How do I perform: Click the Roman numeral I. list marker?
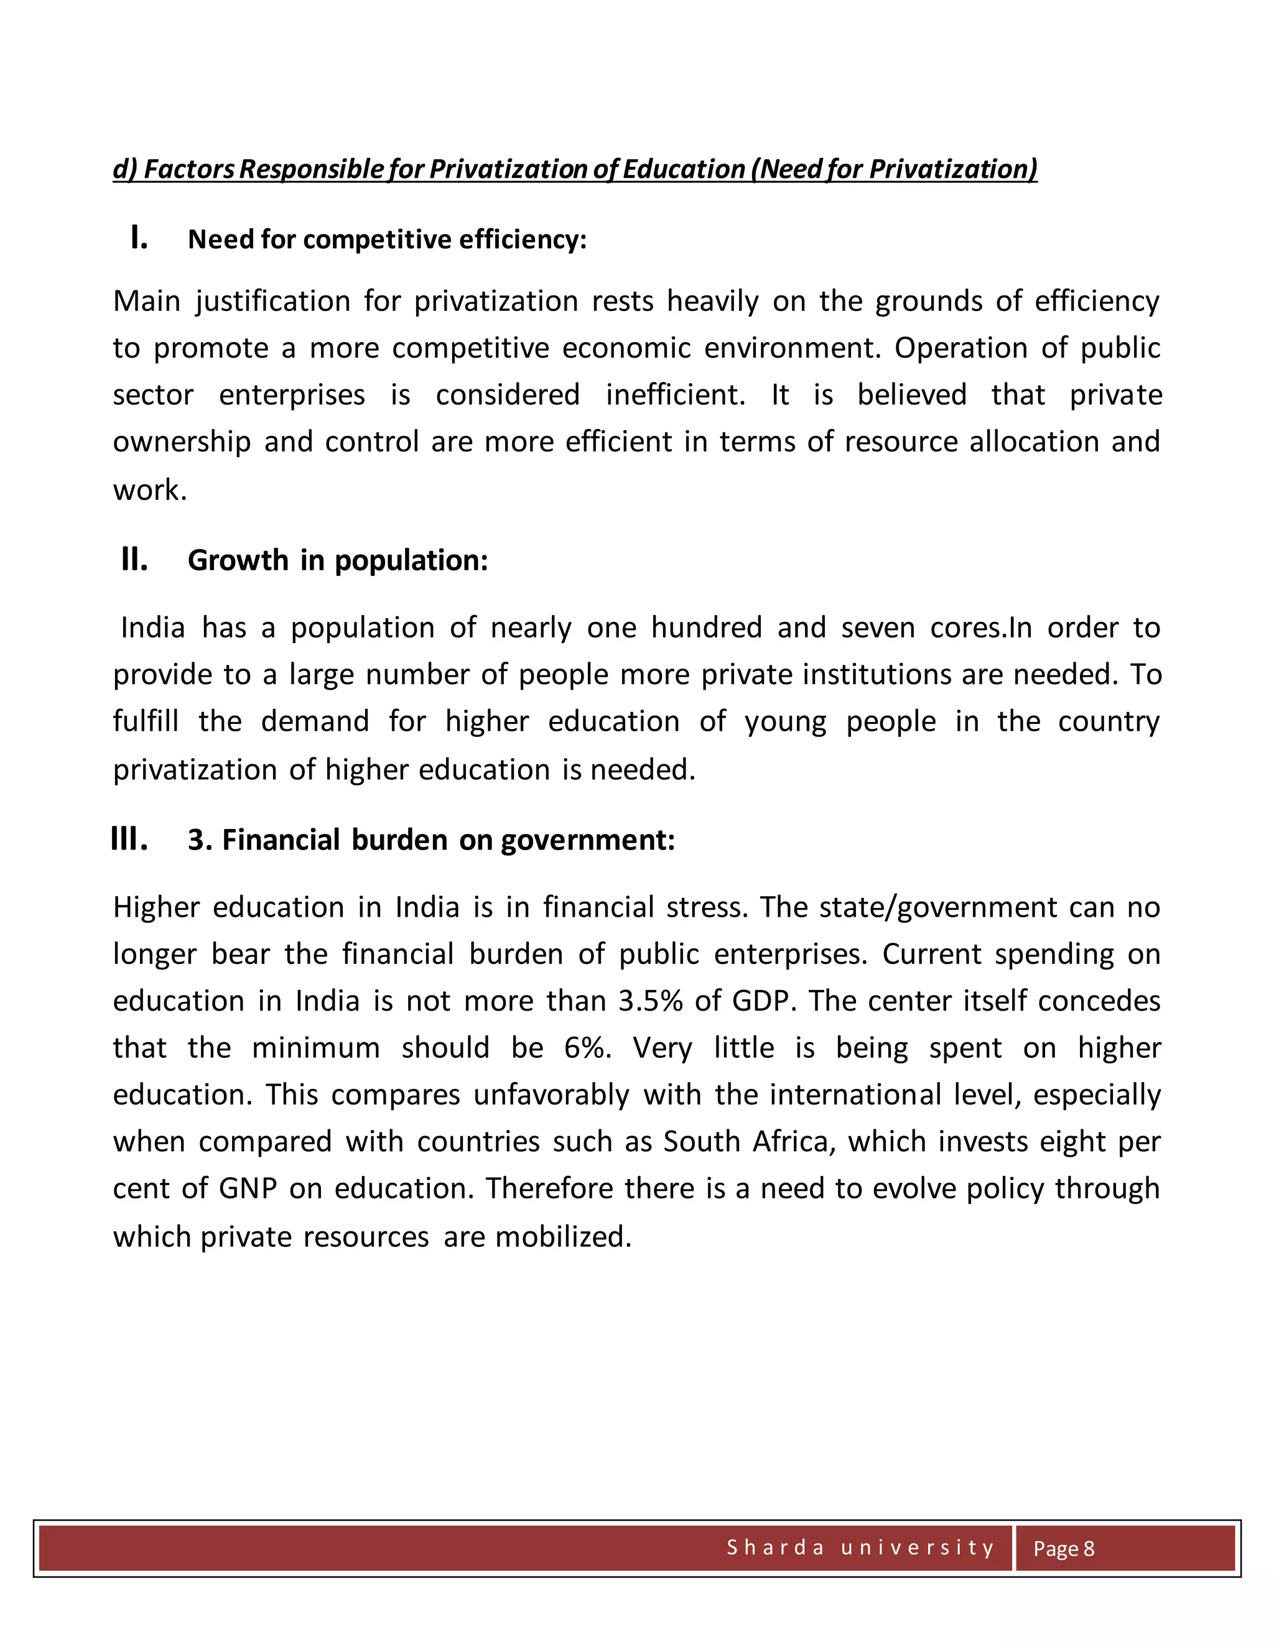coord(139,238)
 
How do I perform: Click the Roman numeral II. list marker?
coord(134,560)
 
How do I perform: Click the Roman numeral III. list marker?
coord(129,839)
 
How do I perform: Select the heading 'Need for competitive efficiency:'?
coord(386,240)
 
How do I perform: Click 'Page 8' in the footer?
coord(1062,1548)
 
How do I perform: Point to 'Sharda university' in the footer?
coord(860,1548)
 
